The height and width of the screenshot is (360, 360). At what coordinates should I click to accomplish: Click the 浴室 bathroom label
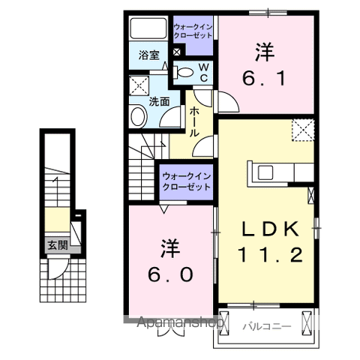[x=148, y=55]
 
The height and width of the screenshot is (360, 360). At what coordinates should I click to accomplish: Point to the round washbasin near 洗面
[x=138, y=115]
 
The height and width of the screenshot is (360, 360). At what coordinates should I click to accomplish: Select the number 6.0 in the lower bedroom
[x=170, y=259]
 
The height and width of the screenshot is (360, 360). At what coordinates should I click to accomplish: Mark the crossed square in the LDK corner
[x=303, y=129]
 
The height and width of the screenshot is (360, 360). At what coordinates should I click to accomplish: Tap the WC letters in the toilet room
[x=202, y=72]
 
